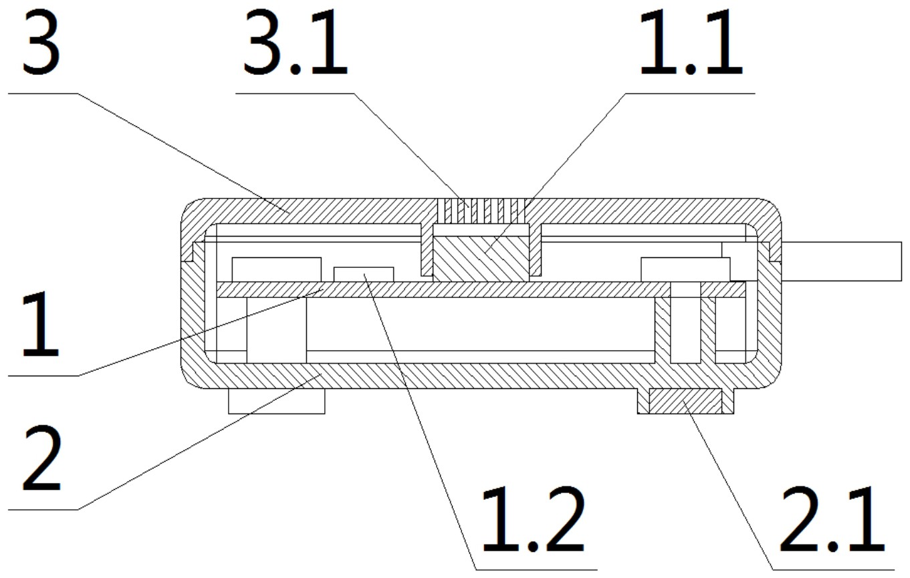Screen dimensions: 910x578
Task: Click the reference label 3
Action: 41,44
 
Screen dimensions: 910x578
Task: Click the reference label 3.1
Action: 296,44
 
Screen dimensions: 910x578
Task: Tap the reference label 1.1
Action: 691,44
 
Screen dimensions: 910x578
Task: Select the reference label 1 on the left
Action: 41,325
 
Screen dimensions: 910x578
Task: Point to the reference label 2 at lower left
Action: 42,458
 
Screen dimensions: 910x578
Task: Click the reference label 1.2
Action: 534,520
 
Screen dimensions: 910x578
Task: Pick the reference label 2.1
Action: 832,520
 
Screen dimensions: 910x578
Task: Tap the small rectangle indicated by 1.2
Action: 364,275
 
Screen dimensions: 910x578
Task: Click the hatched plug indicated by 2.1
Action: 686,401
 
